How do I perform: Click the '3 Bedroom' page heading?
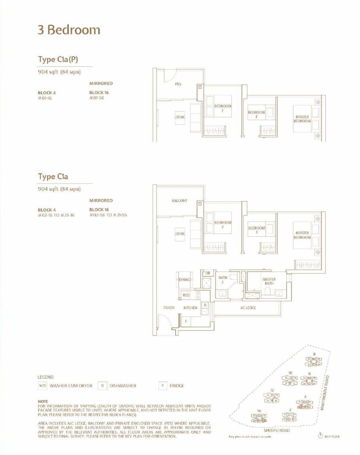click(x=69, y=30)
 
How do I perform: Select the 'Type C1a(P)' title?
click(x=58, y=59)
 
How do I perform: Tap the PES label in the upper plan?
click(x=178, y=84)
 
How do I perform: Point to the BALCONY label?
click(x=179, y=201)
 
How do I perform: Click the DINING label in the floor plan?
click(x=185, y=280)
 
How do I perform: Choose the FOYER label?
click(x=168, y=308)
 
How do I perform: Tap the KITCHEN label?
click(x=190, y=308)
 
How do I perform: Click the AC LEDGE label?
click(x=248, y=308)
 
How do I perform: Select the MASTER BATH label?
click(x=269, y=281)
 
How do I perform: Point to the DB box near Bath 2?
click(x=208, y=273)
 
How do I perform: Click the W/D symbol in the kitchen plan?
click(x=186, y=295)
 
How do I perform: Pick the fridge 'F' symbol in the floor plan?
click(x=186, y=321)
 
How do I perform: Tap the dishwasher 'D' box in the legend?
click(x=103, y=386)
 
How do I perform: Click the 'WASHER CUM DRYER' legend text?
click(x=71, y=386)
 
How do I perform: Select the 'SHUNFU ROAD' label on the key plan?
click(x=276, y=430)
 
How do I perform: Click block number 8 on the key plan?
click(x=314, y=354)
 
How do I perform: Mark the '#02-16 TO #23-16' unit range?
click(x=56, y=215)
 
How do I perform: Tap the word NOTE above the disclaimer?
click(x=43, y=401)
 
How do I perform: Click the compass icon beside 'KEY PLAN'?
click(x=320, y=436)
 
